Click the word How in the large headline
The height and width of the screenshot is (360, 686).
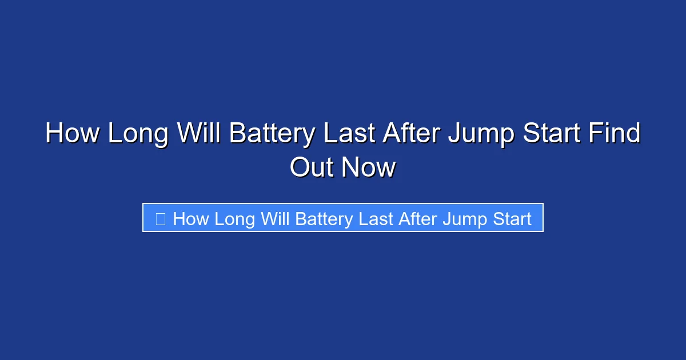click(x=71, y=134)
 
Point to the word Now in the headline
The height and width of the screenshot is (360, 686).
click(x=369, y=167)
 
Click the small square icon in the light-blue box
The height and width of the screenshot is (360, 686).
click(x=161, y=218)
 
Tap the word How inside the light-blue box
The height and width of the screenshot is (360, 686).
click(x=191, y=219)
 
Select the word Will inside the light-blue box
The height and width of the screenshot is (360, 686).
click(x=275, y=219)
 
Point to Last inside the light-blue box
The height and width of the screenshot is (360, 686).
click(x=375, y=219)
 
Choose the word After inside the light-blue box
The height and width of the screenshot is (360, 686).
click(x=416, y=219)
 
